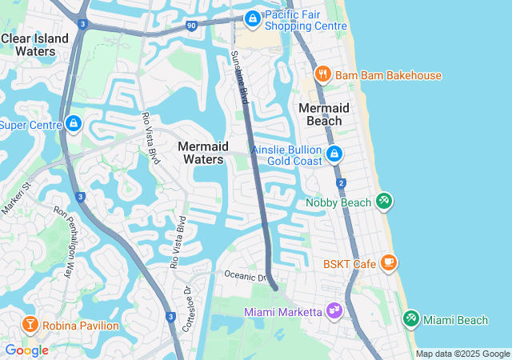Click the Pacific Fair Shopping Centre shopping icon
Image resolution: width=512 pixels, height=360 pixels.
click(x=252, y=18)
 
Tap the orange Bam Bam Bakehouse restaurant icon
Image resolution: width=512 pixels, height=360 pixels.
click(x=323, y=75)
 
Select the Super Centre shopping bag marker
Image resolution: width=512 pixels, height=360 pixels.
click(x=74, y=124)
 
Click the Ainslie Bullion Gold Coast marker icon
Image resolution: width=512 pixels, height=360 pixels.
click(x=334, y=154)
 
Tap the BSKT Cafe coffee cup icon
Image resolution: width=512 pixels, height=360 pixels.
click(x=389, y=263)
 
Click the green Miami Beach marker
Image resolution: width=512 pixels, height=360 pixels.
click(x=411, y=319)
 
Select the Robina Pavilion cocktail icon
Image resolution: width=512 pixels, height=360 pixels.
click(x=30, y=325)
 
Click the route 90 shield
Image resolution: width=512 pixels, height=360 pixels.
click(x=190, y=26)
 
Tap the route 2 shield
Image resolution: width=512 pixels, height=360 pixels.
click(x=342, y=184)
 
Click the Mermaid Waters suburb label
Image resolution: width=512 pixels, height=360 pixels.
click(x=202, y=153)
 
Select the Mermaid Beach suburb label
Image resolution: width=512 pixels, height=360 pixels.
click(x=324, y=114)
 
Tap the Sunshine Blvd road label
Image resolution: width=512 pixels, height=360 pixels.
click(x=239, y=78)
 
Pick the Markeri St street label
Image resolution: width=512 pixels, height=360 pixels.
click(x=16, y=198)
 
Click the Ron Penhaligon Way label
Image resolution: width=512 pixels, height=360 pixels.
click(x=63, y=241)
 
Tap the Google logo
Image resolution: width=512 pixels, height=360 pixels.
click(x=26, y=350)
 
